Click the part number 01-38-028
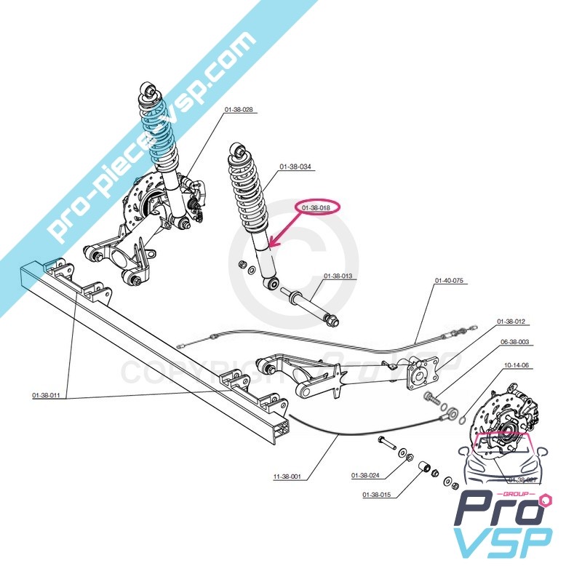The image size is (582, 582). pos(238,109)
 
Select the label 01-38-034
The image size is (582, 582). pos(296,167)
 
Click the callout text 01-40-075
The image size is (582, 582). pos(450,280)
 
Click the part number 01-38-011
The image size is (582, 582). pos(46,396)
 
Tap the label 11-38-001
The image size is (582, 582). pos(288,477)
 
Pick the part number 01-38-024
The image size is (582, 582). pos(366,476)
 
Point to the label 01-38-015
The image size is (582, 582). pos(376,495)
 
